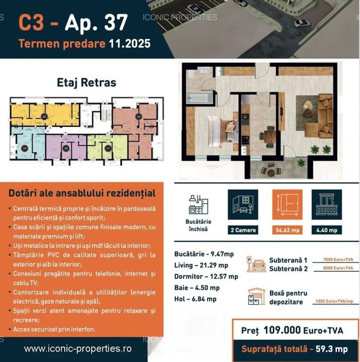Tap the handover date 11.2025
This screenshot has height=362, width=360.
point(129,44)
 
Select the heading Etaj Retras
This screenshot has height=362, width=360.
point(87,83)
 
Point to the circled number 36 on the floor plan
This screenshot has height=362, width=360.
point(139,117)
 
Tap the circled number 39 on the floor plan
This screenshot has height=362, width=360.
point(24,148)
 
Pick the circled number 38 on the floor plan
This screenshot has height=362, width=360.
point(66,148)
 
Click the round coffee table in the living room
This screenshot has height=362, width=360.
point(308,105)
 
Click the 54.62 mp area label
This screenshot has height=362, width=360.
point(287,230)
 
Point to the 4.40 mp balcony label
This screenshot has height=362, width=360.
point(327,230)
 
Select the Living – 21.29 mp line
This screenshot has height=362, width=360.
point(201,265)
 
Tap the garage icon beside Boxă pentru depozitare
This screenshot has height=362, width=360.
point(256,296)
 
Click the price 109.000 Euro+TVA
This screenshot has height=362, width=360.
point(292,331)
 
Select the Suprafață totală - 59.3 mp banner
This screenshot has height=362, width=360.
point(294,349)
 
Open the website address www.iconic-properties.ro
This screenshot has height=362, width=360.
point(78,349)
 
